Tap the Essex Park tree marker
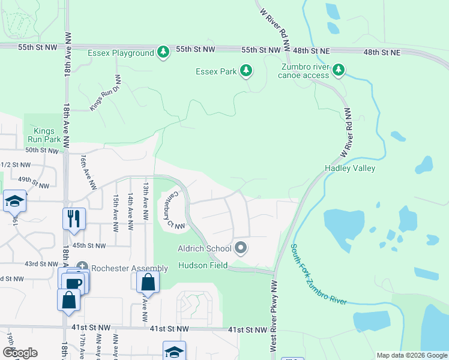[246, 72]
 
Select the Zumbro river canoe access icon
[339, 71]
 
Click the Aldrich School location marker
[241, 248]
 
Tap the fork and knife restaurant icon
[74, 218]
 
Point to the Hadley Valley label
[350, 168]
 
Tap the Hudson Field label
[202, 265]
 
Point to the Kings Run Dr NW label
[106, 93]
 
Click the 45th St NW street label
[89, 245]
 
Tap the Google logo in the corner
[19, 353]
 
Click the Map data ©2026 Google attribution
[411, 355]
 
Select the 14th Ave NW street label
[129, 213]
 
